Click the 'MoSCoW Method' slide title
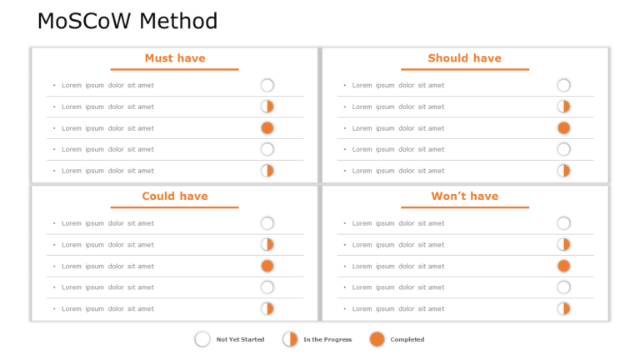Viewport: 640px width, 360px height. [x=127, y=22]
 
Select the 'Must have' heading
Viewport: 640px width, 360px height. [x=175, y=58]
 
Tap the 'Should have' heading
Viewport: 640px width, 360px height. [x=464, y=58]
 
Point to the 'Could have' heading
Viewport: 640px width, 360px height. [x=175, y=197]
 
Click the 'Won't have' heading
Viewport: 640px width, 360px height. [x=464, y=197]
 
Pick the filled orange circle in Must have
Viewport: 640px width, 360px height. [x=267, y=128]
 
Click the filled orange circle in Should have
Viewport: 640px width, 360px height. [x=563, y=128]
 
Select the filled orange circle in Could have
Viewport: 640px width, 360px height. [x=267, y=266]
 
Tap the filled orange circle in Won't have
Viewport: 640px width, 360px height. [x=563, y=266]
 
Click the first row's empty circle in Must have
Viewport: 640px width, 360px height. [x=267, y=85]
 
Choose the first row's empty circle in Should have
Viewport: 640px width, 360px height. [x=563, y=85]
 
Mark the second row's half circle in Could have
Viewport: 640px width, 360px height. [x=267, y=245]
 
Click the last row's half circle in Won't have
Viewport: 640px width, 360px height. [x=563, y=308]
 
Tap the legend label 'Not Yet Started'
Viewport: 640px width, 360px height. [x=240, y=340]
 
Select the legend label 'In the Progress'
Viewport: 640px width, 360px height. [x=327, y=340]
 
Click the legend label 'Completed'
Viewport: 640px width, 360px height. [x=407, y=340]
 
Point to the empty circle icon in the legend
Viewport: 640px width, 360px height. [x=202, y=339]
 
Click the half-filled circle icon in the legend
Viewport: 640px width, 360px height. [x=290, y=339]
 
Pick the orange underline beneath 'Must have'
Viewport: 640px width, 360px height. [x=175, y=69]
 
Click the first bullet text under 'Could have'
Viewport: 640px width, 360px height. [x=107, y=223]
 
